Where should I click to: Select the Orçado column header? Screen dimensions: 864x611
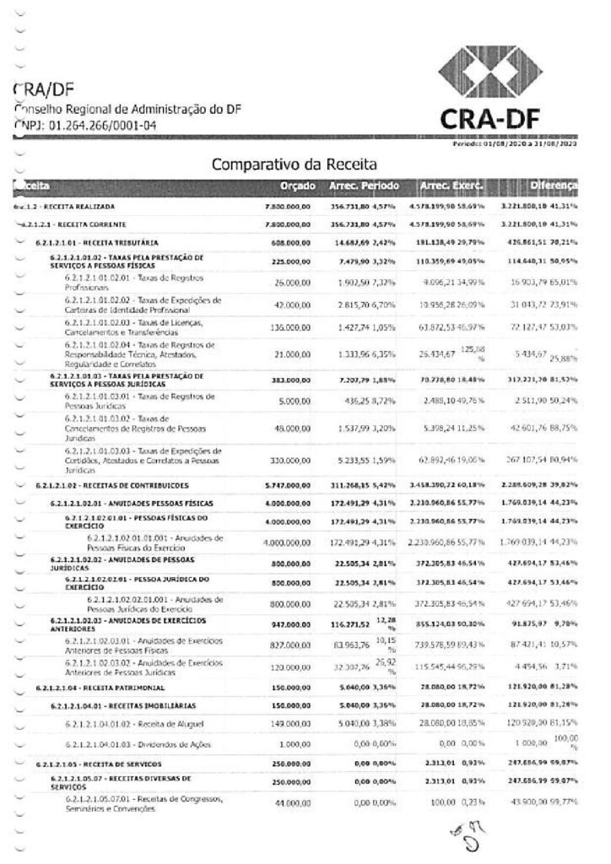click(297, 185)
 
